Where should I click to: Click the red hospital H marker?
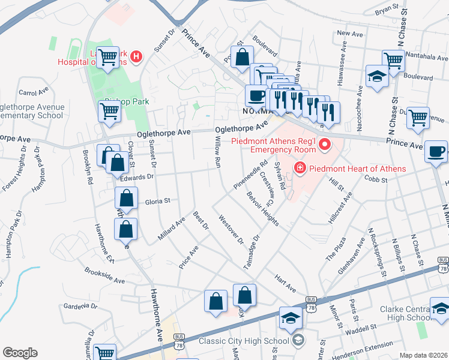pyautogui.click(x=136, y=57)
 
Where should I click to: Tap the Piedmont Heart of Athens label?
pyautogui.click(x=357, y=169)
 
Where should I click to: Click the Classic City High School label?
pyautogui.click(x=253, y=341)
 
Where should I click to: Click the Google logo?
pyautogui.click(x=20, y=352)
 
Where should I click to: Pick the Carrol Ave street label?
pyautogui.click(x=33, y=93)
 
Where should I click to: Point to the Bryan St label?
pyautogui.click(x=387, y=11)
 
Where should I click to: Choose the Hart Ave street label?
pyautogui.click(x=286, y=284)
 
